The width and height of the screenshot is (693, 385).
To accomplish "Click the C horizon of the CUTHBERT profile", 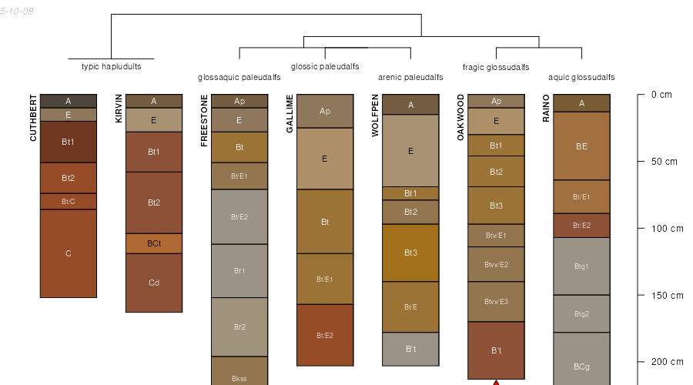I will point(69,253).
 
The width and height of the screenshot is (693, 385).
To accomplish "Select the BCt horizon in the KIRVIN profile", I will point(154,243).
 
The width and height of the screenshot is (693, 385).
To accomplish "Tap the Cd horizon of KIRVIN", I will point(154,283).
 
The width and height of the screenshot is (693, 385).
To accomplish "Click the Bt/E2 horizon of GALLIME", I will point(325,335).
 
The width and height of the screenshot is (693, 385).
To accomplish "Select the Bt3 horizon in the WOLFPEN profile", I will point(410,253).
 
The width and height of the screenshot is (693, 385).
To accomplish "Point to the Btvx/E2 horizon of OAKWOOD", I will point(496,264).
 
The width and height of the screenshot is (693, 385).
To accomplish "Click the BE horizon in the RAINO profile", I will point(581,146).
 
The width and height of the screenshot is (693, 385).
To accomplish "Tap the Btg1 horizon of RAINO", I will point(581,266).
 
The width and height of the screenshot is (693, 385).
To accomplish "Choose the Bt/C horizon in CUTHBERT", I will point(69,202).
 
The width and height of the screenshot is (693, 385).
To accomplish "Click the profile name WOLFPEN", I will point(375,115).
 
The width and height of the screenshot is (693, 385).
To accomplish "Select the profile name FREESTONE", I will point(204,120).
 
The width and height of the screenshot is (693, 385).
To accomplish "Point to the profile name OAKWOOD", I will point(460,117).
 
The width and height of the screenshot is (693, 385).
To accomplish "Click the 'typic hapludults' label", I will point(112,67).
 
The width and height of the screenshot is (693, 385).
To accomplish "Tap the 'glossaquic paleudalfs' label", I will point(239,78).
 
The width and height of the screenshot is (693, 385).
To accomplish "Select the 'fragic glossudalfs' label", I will point(496,67).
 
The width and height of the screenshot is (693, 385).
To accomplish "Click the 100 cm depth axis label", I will point(667,229).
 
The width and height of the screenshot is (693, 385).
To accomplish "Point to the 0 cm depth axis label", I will point(661,95).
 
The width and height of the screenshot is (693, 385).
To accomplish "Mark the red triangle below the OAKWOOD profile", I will point(496,382).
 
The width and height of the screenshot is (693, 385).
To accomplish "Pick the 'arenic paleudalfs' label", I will point(410,78).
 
